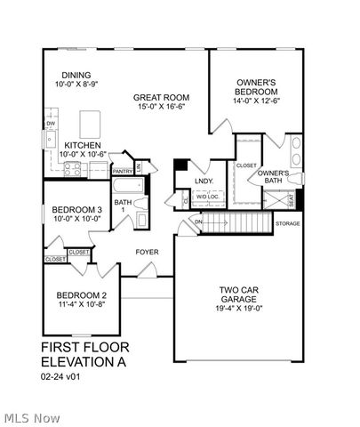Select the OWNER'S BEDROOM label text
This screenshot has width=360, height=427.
[x=256, y=86]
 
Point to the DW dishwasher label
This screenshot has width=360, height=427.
[x=51, y=124]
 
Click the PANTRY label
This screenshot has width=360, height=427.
[x=123, y=171]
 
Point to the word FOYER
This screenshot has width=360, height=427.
[x=147, y=252]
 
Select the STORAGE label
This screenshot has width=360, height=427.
[x=287, y=223]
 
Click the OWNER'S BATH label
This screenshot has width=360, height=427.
[x=275, y=177]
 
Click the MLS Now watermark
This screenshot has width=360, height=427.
[x=32, y=417]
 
